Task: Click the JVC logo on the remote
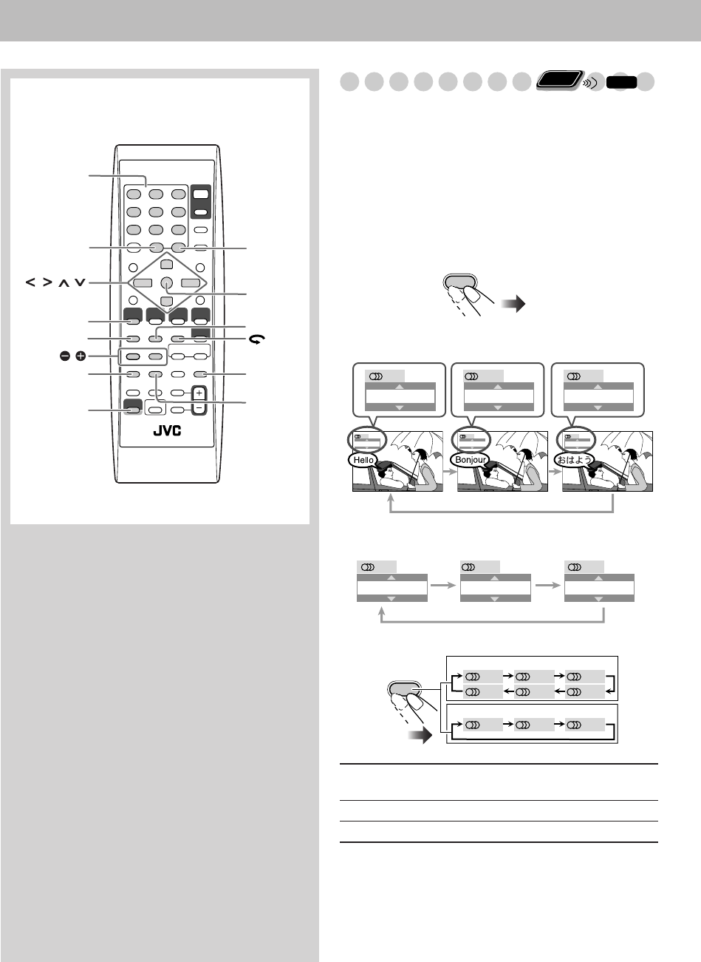[167, 431]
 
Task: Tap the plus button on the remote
[197, 393]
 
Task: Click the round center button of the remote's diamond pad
[167, 282]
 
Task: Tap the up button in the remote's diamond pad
[167, 265]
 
